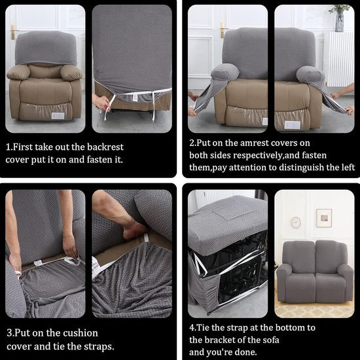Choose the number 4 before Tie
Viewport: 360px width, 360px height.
(192, 327)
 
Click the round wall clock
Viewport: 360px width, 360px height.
(296, 223)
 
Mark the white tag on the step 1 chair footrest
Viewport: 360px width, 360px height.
(58, 115)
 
